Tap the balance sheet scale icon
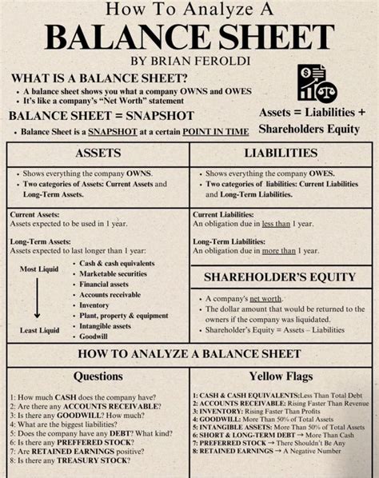point(317,82)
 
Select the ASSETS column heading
point(98,153)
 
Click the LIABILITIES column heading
point(281,153)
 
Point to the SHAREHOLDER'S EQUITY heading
point(280,277)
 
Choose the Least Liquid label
point(39,330)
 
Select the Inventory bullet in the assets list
point(94,305)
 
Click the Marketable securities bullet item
point(114,273)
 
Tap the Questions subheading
point(98,376)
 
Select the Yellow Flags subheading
point(281,376)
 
